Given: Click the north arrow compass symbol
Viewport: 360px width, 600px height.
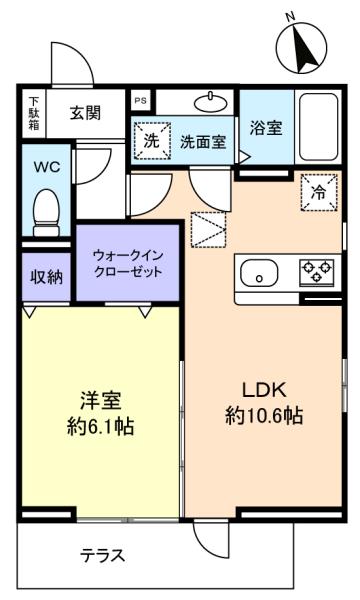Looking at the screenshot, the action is pyautogui.click(x=301, y=46).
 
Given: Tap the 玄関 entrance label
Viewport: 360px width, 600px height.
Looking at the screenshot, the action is pyautogui.click(x=86, y=113).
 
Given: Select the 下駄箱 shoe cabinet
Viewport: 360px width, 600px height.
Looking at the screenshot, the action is pyautogui.click(x=34, y=114).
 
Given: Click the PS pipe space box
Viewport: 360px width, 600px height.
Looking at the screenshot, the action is pyautogui.click(x=140, y=101).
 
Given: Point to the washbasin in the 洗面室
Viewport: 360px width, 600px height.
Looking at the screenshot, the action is pyautogui.click(x=211, y=102).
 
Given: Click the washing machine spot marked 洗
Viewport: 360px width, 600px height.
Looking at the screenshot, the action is pyautogui.click(x=151, y=141).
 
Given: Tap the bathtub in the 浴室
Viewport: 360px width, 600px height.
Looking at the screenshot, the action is pyautogui.click(x=318, y=127).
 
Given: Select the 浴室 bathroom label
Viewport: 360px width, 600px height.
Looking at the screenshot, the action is pyautogui.click(x=266, y=128).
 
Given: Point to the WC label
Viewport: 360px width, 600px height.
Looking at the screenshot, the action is pyautogui.click(x=47, y=167).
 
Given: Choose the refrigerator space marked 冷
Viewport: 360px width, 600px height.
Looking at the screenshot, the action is pyautogui.click(x=319, y=192).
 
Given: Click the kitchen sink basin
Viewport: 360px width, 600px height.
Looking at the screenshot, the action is pyautogui.click(x=259, y=273).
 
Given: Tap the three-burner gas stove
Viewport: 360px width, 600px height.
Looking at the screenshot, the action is pyautogui.click(x=317, y=272).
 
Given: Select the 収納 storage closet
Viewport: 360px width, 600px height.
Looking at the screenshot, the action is pyautogui.click(x=46, y=277).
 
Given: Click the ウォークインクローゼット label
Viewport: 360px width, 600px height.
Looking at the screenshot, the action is pyautogui.click(x=128, y=263).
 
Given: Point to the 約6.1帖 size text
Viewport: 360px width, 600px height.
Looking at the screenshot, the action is pyautogui.click(x=101, y=426).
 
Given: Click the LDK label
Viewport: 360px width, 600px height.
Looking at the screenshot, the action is pyautogui.click(x=264, y=390).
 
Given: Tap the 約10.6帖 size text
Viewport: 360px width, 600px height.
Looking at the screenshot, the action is pyautogui.click(x=264, y=415).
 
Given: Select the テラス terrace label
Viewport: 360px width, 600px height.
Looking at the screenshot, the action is pyautogui.click(x=103, y=555).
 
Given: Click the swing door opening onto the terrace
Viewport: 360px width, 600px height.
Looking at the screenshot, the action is pyautogui.click(x=211, y=540).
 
